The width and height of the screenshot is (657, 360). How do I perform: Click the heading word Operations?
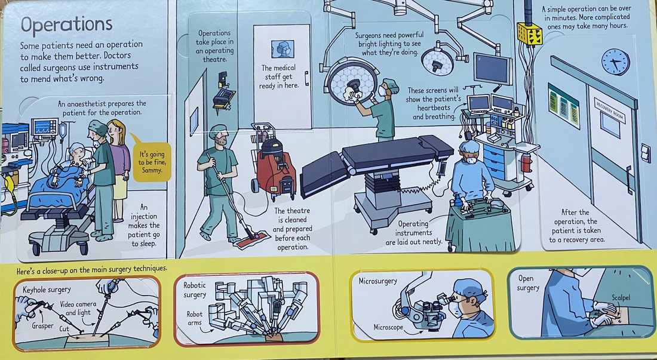(67, 26)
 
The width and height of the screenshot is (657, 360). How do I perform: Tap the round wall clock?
(616, 62)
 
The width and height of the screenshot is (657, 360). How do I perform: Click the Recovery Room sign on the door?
(609, 110)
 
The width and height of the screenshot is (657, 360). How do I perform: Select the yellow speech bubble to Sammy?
(152, 162)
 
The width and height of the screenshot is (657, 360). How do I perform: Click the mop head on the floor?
(251, 240)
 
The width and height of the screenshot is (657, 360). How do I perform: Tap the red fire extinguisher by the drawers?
(526, 162)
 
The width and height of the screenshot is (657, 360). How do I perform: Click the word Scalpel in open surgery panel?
(621, 298)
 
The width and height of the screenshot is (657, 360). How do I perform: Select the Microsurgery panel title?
(377, 281)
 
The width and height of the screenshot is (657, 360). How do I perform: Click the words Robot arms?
(195, 318)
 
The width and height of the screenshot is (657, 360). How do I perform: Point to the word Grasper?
(42, 325)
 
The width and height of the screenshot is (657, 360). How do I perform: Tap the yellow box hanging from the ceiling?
(530, 33)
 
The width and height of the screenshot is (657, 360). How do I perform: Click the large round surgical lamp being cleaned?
(352, 81)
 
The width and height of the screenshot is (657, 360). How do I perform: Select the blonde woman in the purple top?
(119, 170)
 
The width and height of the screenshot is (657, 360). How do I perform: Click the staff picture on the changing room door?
(283, 50)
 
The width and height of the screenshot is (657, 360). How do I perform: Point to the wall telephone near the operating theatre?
(224, 94)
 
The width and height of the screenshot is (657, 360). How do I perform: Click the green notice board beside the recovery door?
(564, 105)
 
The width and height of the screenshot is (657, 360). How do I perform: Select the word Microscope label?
(388, 327)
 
